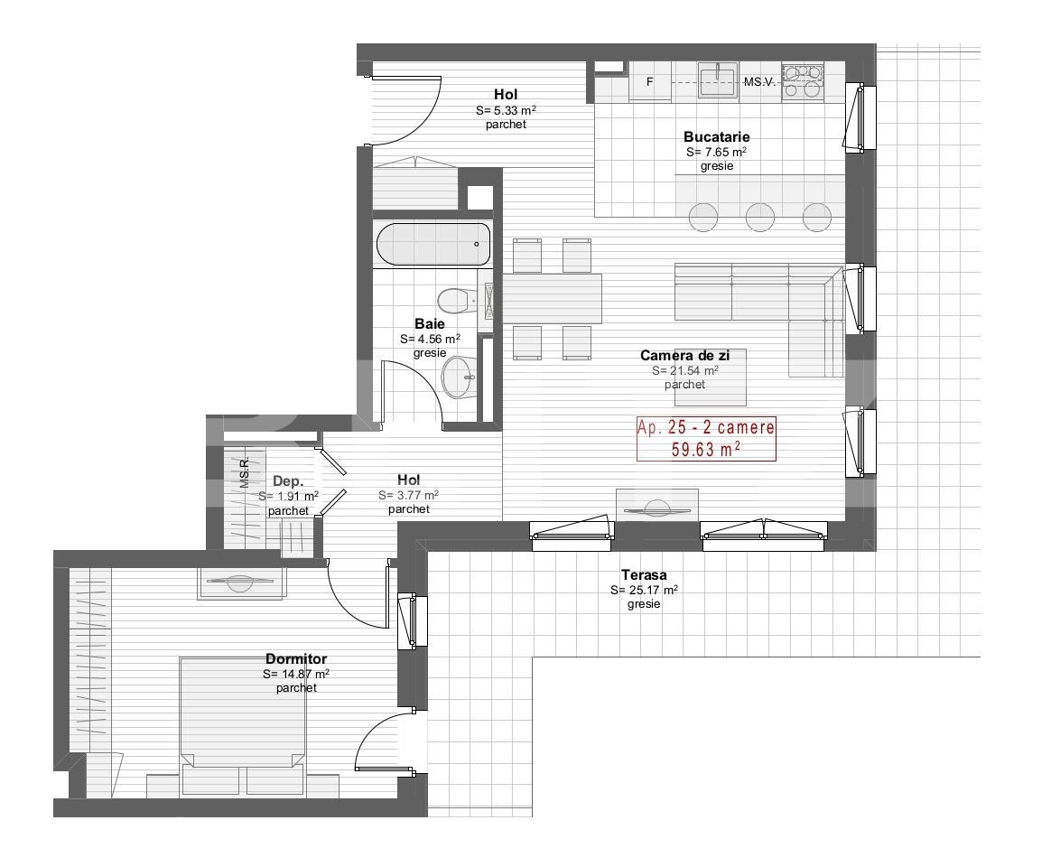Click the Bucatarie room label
tap(716, 136)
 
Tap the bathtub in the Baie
tap(432, 244)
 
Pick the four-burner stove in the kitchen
tap(802, 79)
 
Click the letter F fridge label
tap(649, 82)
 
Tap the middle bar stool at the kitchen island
tap(760, 216)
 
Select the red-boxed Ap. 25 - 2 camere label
tap(706, 439)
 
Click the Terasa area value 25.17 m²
tap(644, 590)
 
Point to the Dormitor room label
tap(296, 659)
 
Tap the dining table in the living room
tap(552, 298)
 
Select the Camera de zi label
tap(684, 356)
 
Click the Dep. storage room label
tap(288, 481)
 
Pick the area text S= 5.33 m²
tap(506, 110)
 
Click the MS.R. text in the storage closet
tap(245, 473)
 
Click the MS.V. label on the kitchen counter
tap(759, 82)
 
